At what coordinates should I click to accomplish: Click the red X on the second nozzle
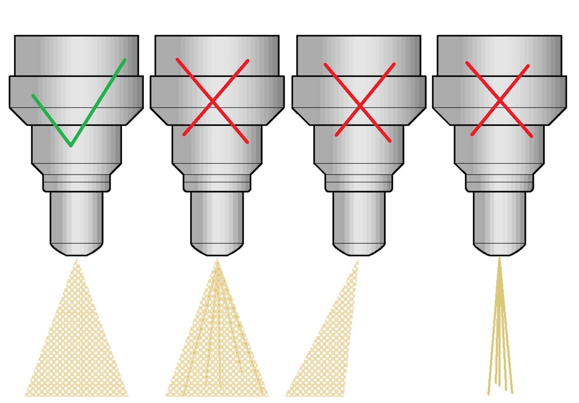click(213, 101)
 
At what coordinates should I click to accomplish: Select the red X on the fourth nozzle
click(499, 100)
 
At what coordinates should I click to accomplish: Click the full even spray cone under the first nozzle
click(77, 347)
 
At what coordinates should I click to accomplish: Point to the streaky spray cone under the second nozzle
click(216, 347)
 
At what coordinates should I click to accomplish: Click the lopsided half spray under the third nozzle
click(333, 352)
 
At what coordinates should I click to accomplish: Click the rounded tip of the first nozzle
click(77, 249)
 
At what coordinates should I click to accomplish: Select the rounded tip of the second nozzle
click(217, 249)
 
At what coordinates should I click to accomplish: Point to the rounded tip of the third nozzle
click(358, 249)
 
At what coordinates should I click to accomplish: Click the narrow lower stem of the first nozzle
click(77, 217)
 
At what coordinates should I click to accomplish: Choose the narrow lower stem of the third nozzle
click(358, 217)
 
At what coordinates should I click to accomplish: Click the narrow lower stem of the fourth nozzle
click(499, 217)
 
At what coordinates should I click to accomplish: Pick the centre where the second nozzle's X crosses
click(213, 101)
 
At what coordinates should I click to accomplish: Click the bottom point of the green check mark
click(71, 145)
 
